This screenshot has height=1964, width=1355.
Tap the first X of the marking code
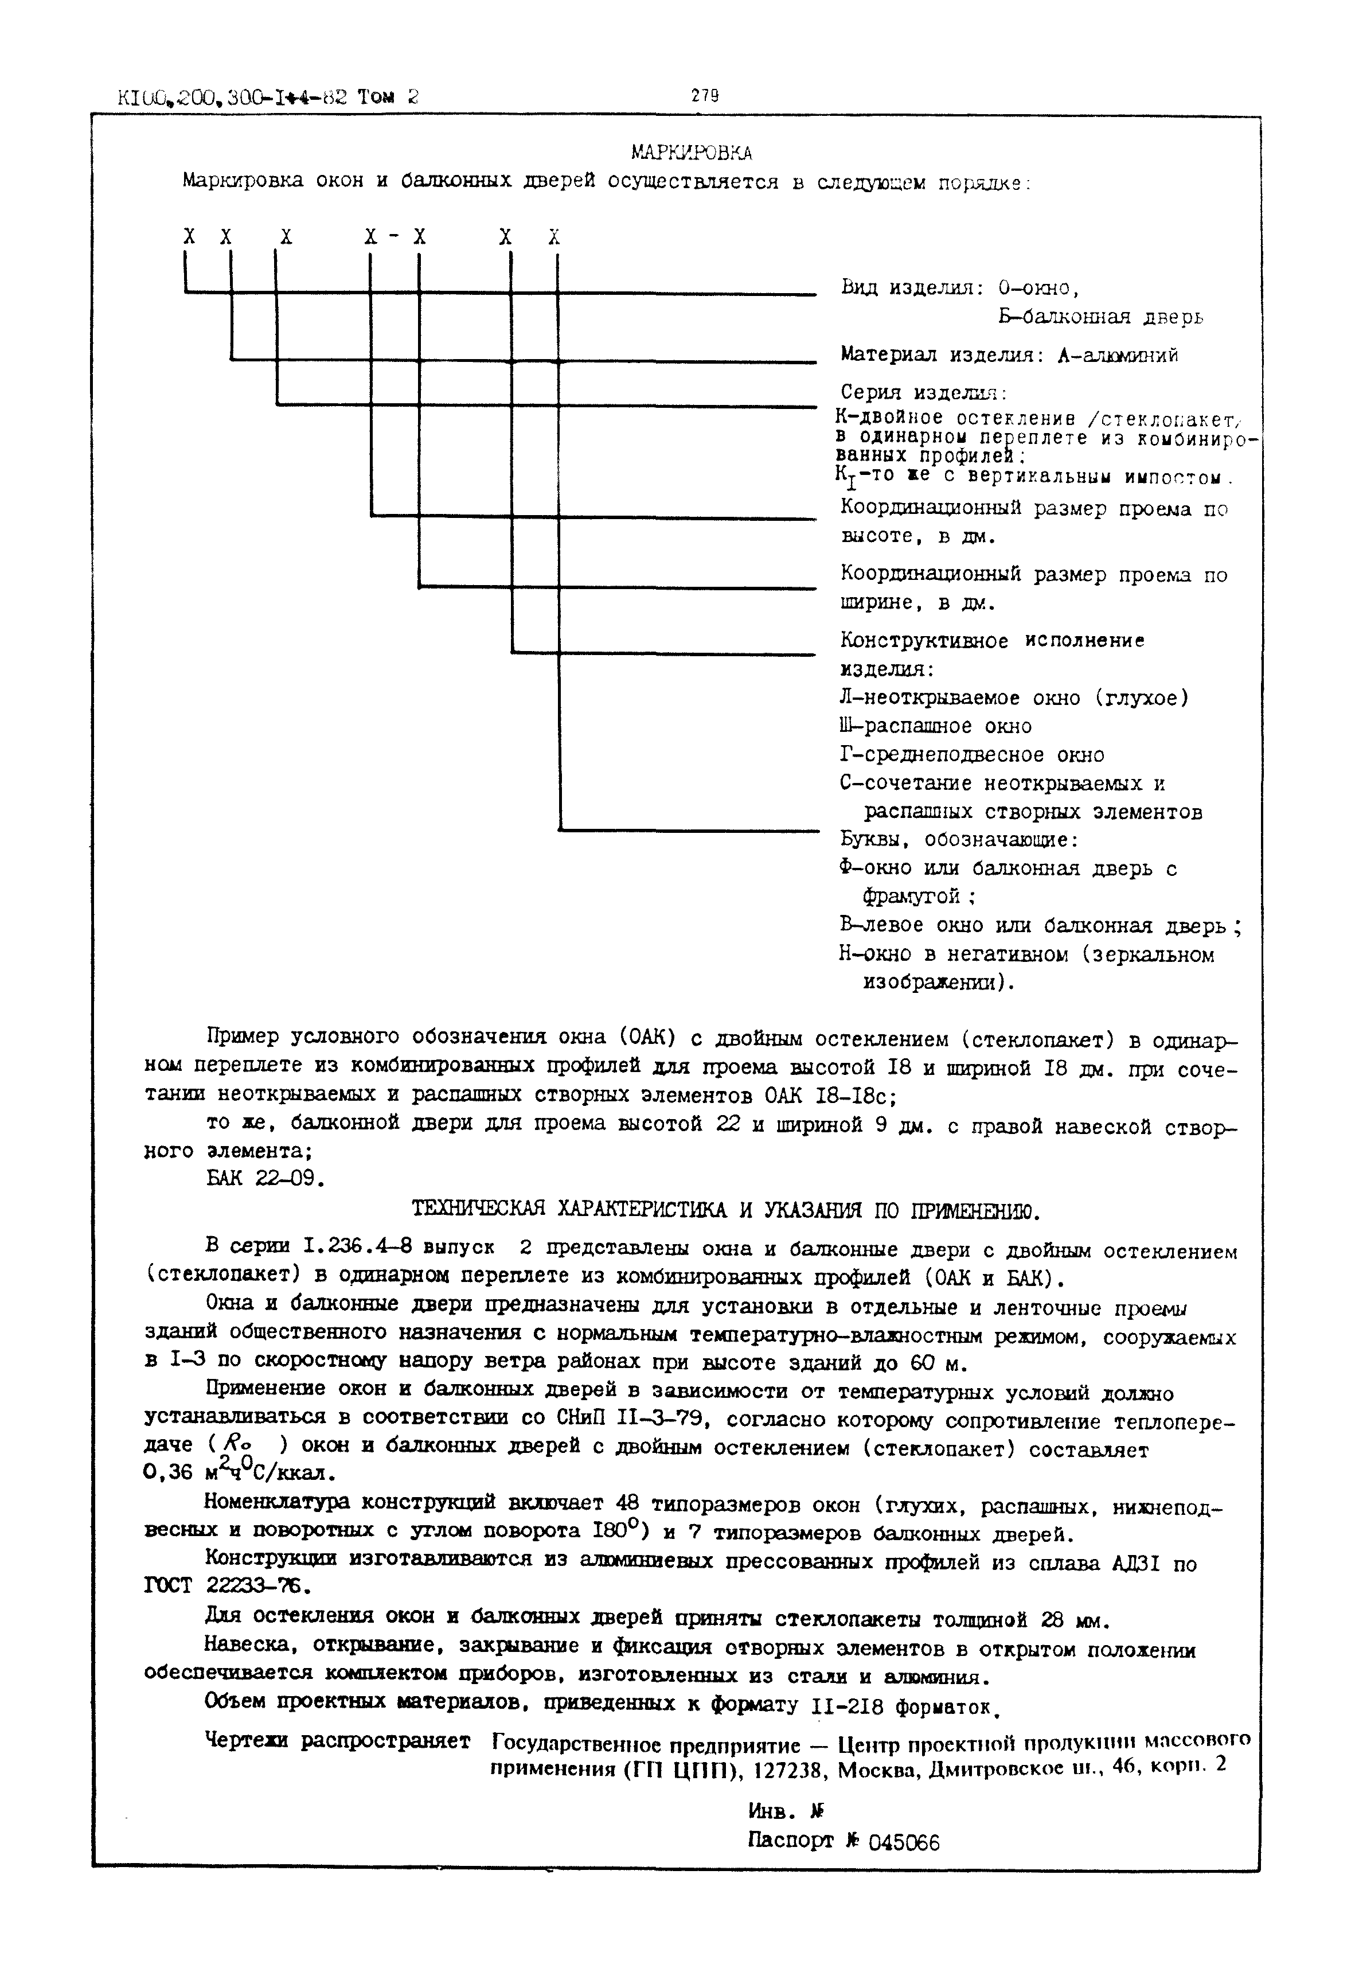click(189, 237)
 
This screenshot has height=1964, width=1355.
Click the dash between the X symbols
click(394, 237)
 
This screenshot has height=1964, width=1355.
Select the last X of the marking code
click(555, 237)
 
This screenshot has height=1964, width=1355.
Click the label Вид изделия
click(909, 288)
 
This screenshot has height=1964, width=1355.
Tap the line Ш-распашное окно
click(935, 727)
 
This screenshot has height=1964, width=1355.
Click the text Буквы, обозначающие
click(958, 840)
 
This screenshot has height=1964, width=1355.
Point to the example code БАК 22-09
click(264, 1179)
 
